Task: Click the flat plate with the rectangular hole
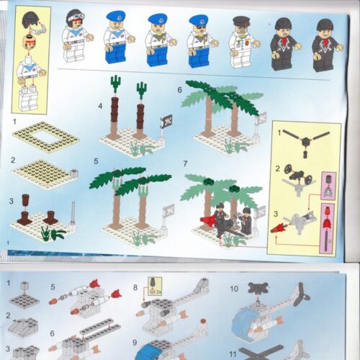pyautogui.click(x=46, y=137)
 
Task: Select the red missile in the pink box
pyautogui.click(x=329, y=229)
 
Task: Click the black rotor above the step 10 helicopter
pyautogui.click(x=257, y=289)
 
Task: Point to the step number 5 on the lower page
pyautogui.click(x=53, y=286)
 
